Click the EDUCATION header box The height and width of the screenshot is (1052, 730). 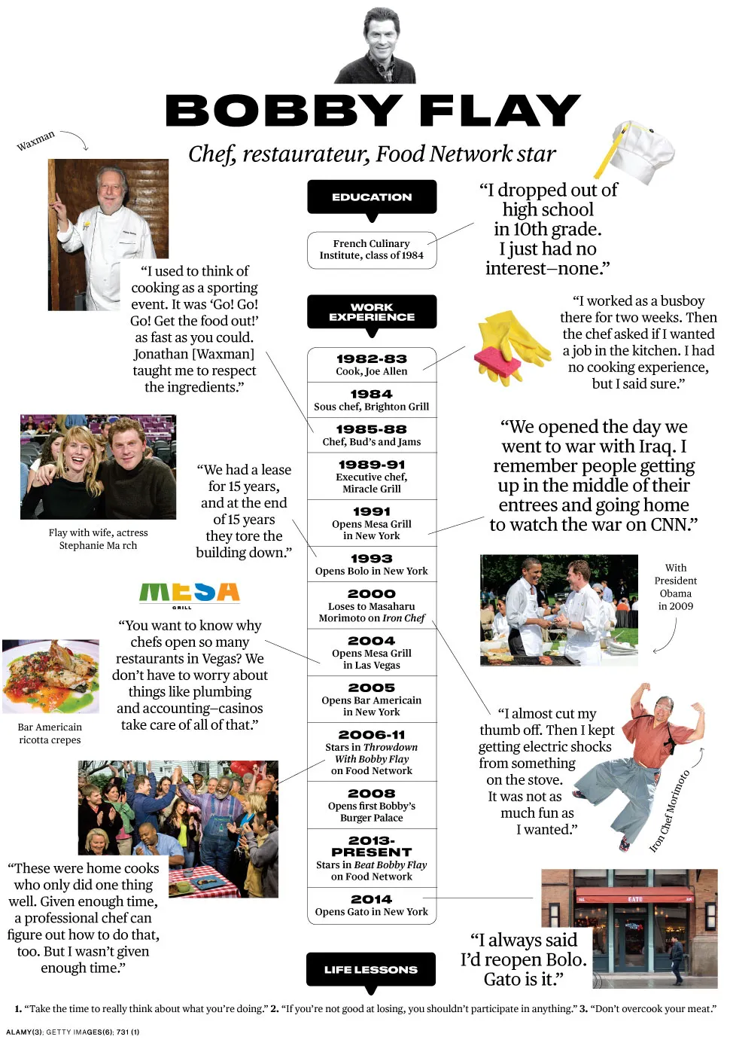coord(372,197)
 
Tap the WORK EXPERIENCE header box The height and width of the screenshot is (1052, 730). coord(372,312)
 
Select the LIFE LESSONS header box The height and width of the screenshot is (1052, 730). coord(371,969)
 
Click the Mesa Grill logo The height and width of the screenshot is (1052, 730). coord(189,593)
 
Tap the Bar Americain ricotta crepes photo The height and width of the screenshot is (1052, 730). coord(50,676)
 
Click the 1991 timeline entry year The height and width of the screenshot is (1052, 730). coord(372,511)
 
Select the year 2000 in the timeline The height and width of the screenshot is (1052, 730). coord(372,594)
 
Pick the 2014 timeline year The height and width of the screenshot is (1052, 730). coord(372,899)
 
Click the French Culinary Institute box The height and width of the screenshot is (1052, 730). coord(372,249)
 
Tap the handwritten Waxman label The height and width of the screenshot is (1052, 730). coord(35,141)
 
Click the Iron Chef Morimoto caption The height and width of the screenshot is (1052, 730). coord(670,812)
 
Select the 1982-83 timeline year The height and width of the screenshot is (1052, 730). coord(372,359)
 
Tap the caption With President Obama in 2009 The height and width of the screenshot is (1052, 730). coord(675,587)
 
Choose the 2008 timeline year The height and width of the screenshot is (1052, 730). coord(372,794)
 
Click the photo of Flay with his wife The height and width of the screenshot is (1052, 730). coord(98,467)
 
